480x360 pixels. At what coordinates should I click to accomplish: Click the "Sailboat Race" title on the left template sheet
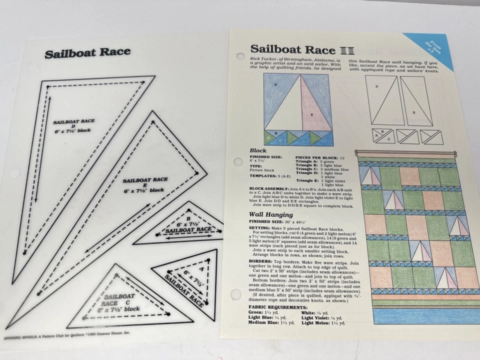[87, 52]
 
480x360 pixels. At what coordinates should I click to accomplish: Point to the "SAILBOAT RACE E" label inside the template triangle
[145, 184]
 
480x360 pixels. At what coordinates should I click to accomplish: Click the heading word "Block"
[259, 150]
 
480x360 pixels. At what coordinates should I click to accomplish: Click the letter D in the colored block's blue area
[275, 85]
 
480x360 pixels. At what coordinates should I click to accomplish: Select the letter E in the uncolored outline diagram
[413, 112]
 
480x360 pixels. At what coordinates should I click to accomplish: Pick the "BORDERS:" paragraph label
[261, 261]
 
